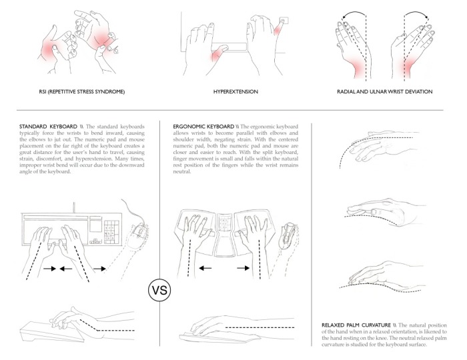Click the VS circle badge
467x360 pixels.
(159, 291)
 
